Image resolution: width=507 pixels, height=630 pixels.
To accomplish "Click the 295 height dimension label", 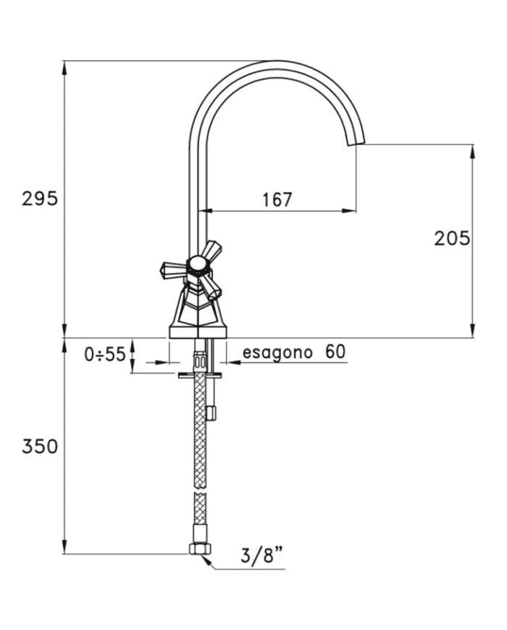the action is click(40, 199).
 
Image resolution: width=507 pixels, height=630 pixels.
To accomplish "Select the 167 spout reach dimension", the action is click(277, 199).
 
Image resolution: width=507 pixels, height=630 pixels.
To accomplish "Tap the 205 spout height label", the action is click(452, 239).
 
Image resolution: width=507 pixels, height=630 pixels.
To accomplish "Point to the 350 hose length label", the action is click(40, 447).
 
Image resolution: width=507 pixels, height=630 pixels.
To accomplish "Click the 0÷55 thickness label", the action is click(105, 355).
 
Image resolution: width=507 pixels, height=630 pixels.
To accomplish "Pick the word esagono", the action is click(277, 352).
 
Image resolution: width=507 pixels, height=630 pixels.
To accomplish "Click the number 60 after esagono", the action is click(335, 352).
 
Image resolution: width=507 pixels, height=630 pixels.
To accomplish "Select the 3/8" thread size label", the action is click(262, 556).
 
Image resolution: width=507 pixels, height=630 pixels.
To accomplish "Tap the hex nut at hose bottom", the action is click(200, 549).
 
